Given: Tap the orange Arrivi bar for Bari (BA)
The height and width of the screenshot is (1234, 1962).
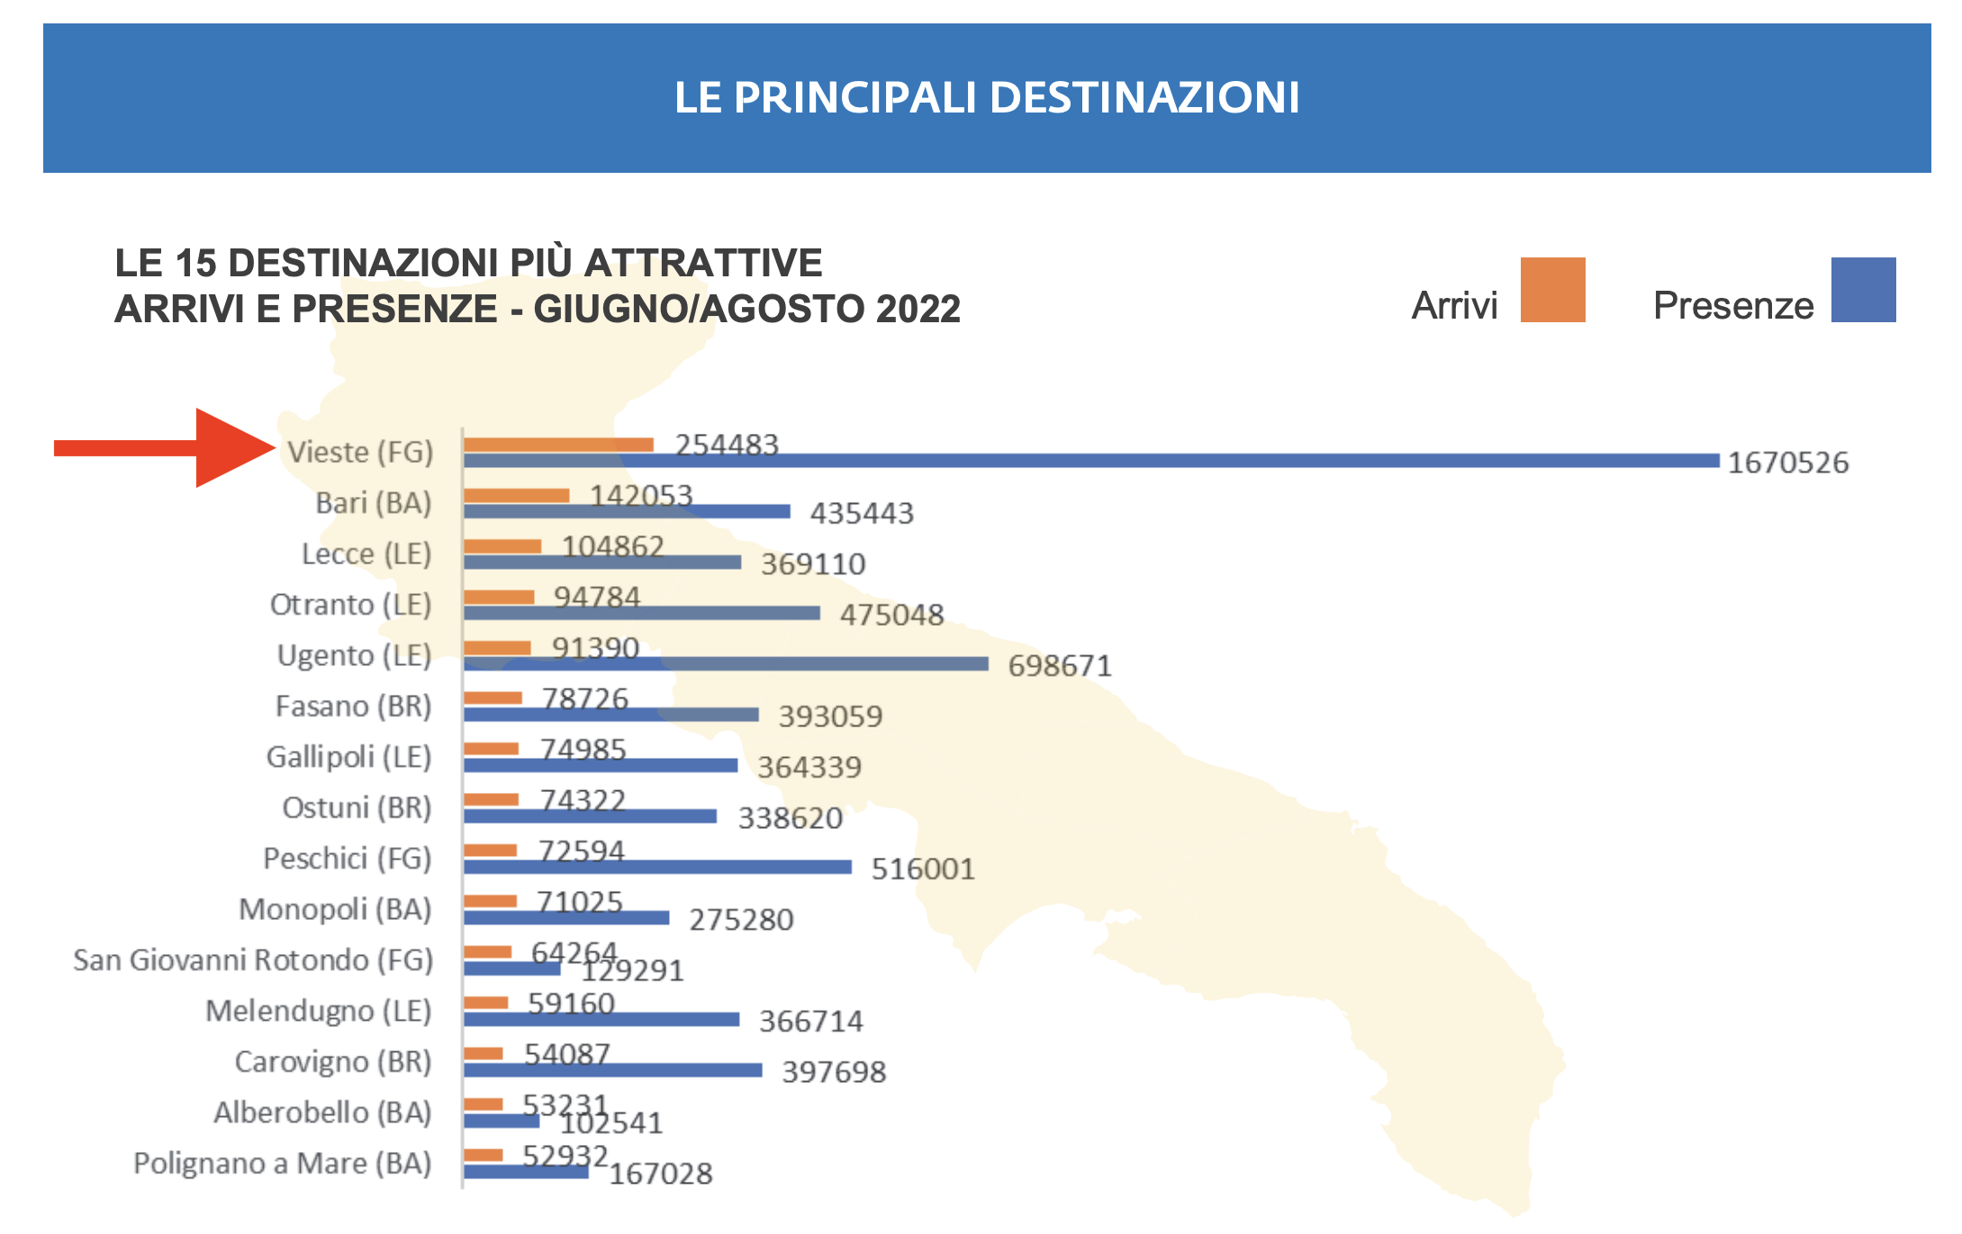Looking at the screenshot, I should tap(517, 495).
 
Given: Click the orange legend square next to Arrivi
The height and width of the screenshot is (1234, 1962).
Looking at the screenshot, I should tap(1552, 290).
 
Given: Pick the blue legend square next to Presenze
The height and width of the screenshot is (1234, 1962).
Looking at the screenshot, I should tap(1863, 290).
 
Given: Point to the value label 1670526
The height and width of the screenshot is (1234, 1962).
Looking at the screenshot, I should tap(1787, 463).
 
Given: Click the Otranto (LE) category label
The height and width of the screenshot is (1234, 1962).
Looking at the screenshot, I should tap(351, 604).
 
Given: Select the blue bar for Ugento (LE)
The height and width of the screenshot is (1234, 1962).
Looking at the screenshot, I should tap(726, 664).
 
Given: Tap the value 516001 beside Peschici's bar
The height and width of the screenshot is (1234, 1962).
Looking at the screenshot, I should tap(923, 869).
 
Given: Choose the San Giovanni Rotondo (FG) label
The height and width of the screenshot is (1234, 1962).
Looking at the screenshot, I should tap(253, 960).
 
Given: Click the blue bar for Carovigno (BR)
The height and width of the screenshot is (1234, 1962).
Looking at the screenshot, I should tap(613, 1070).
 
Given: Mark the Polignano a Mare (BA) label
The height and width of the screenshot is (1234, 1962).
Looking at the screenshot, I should tap(283, 1163).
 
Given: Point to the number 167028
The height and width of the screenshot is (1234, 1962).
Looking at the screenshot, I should tap(661, 1174).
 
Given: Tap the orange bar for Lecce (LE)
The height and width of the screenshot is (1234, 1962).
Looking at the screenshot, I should tap(502, 546).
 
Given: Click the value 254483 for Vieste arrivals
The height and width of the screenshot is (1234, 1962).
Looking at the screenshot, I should tap(727, 445).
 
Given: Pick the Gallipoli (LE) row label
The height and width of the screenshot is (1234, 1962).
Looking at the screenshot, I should tap(349, 757).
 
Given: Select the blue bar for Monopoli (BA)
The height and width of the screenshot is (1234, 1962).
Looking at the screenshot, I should tap(566, 917).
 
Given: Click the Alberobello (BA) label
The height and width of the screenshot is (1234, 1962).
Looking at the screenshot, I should tap(322, 1112).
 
